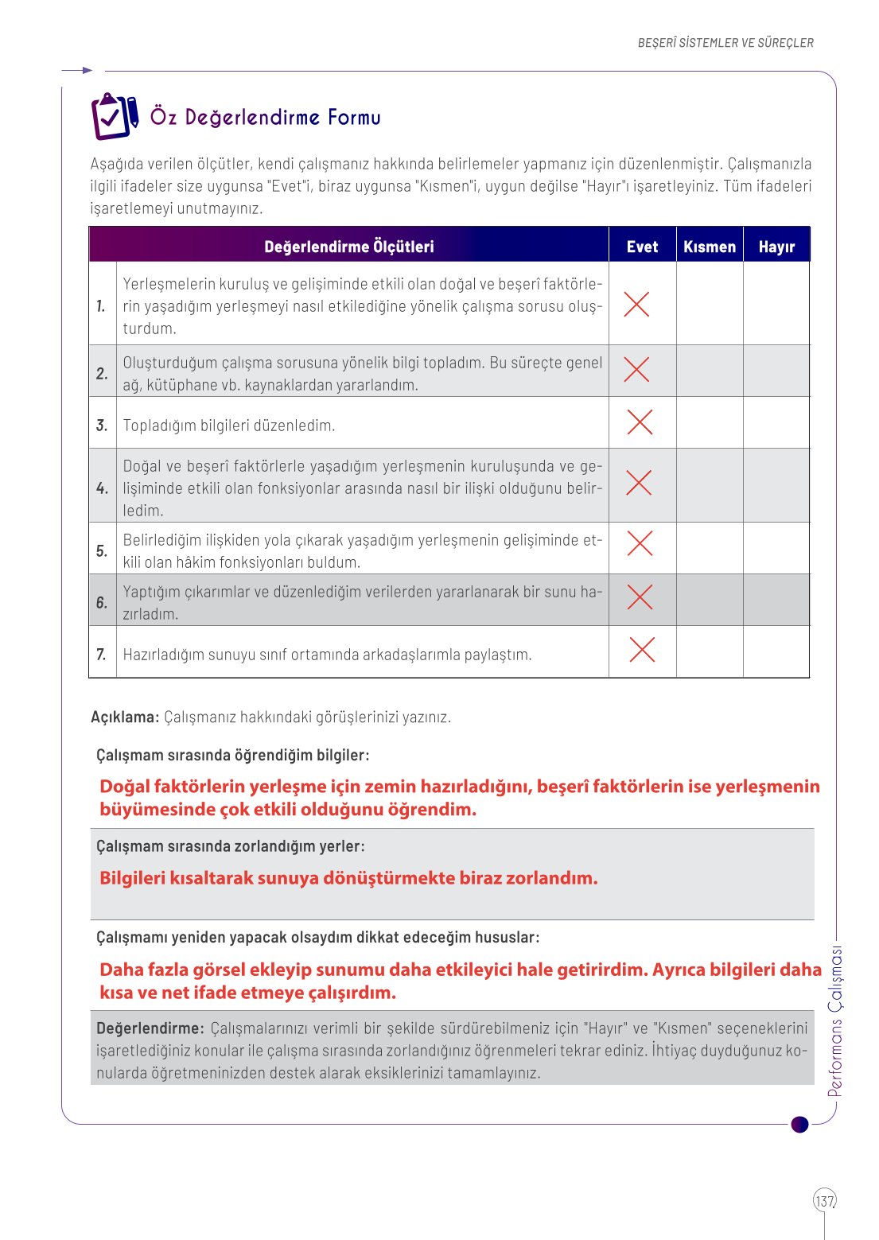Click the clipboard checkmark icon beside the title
(114, 116)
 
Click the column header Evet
(642, 247)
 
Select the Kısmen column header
(710, 247)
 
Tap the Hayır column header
(776, 247)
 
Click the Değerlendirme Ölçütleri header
(349, 247)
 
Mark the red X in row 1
(636, 304)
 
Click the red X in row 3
(640, 422)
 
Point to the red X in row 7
(642, 650)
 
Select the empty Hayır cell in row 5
(776, 549)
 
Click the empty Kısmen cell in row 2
(710, 371)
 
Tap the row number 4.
(102, 488)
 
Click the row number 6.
(102, 602)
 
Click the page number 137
(825, 1200)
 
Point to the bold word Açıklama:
(125, 717)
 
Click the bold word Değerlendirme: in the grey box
(150, 1028)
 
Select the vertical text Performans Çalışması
(834, 1022)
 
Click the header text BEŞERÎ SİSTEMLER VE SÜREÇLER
(725, 43)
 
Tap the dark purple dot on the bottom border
(800, 1124)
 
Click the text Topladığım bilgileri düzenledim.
(229, 426)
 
